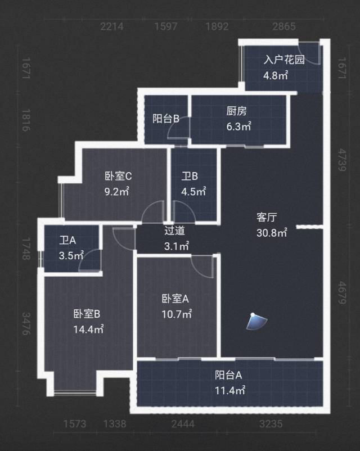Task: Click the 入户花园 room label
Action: coord(284,60)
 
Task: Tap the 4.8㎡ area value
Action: coord(276,75)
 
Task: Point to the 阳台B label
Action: coord(166,119)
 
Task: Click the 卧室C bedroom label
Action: coord(118,176)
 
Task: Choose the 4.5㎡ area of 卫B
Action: coord(193,191)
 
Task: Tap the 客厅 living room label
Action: coord(267,217)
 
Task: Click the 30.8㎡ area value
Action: coord(272,231)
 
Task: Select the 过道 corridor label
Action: coord(174,230)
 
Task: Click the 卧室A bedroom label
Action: coord(175,299)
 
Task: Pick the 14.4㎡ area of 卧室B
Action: coord(88,330)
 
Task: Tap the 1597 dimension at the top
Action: coord(166,26)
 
